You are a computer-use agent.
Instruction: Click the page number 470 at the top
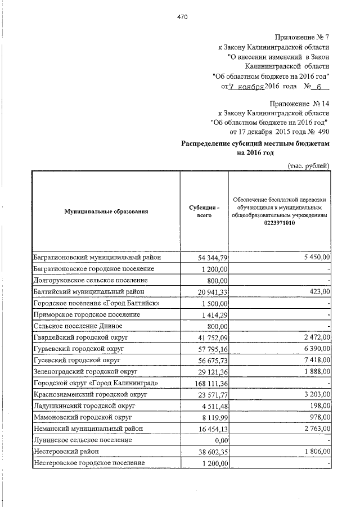[x=182, y=17]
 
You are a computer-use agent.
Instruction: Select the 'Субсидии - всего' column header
[x=204, y=211]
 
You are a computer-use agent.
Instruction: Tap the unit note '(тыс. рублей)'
[x=308, y=165]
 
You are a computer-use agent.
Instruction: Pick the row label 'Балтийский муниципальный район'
[x=88, y=291]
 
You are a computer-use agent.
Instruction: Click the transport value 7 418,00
[x=316, y=361]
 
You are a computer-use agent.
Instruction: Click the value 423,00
[x=318, y=291]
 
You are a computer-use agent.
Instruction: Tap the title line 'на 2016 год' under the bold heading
[x=255, y=152]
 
